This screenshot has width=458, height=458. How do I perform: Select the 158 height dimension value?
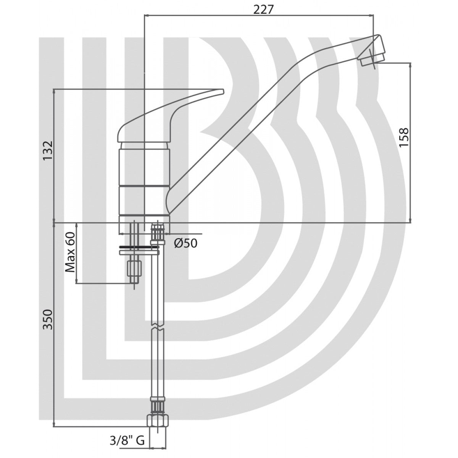coord(404,137)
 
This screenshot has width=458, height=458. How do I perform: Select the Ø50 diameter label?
coord(186,243)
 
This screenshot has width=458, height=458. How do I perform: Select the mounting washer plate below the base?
coord(138,252)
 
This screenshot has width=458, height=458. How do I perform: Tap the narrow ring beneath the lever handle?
coord(144,145)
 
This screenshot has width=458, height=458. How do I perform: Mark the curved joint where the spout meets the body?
coord(172,198)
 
